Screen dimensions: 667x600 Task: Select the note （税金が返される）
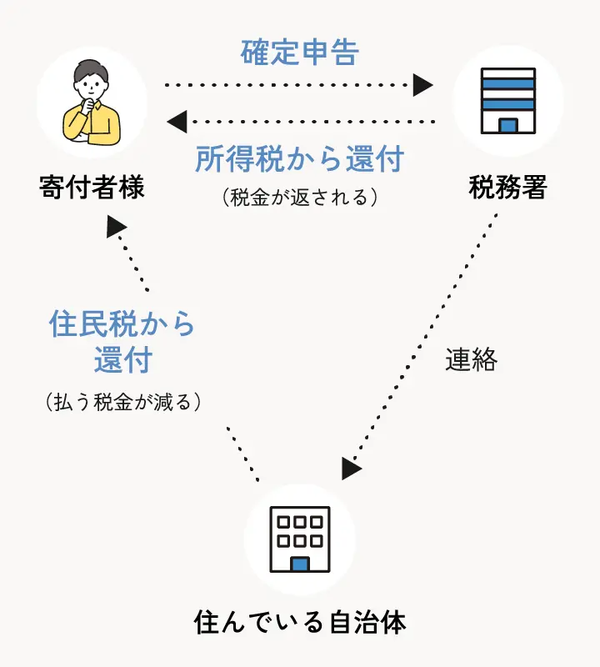[300, 197]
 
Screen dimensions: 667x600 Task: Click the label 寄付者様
[92, 188]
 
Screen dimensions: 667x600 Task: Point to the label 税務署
[507, 188]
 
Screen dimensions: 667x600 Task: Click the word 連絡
[471, 360]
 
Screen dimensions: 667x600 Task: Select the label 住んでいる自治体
[300, 622]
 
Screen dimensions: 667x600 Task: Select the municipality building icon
[300, 539]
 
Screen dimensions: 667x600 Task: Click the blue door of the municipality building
[300, 564]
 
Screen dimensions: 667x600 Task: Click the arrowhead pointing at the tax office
[424, 84]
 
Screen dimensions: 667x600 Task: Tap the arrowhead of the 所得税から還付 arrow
[176, 123]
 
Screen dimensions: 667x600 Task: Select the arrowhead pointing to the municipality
[351, 469]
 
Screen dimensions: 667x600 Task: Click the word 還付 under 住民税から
[122, 361]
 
